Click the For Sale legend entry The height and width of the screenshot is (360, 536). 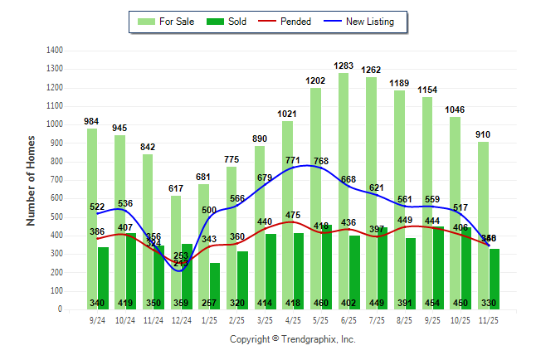tap(166, 22)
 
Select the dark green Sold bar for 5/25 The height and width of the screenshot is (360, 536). tap(327, 266)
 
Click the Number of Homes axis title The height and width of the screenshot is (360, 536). tap(31, 180)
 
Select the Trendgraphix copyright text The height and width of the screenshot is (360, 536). tap(292, 339)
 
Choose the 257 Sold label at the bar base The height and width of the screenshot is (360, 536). tap(215, 303)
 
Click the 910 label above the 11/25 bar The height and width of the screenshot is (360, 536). tap(484, 134)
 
